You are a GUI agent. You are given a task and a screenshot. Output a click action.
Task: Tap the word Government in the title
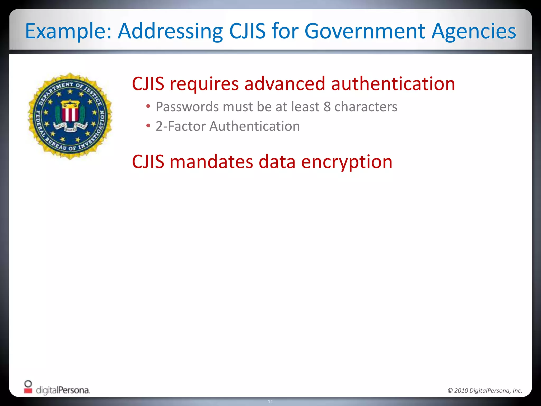pos(365,31)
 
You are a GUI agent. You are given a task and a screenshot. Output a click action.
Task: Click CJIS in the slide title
pos(247,31)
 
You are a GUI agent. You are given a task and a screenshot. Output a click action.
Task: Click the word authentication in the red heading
pos(393,84)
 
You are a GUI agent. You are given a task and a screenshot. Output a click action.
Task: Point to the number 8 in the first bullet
pos(327,107)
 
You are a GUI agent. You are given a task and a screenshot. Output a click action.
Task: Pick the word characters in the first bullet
pos(366,107)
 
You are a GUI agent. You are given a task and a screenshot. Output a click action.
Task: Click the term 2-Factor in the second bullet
pos(180,126)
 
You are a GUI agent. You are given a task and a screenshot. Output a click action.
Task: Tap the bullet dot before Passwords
pos(148,106)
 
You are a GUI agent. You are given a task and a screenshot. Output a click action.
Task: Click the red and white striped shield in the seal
pos(70,113)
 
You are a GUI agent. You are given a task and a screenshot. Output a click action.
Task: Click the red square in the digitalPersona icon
pos(28,390)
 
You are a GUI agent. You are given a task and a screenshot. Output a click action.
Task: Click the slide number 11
pos(270,402)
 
